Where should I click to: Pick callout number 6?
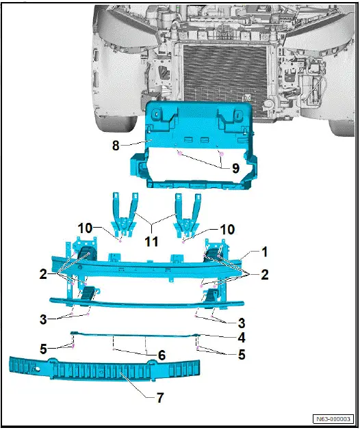tap(162, 356)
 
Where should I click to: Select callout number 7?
tap(160, 397)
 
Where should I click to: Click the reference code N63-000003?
tap(333, 419)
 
